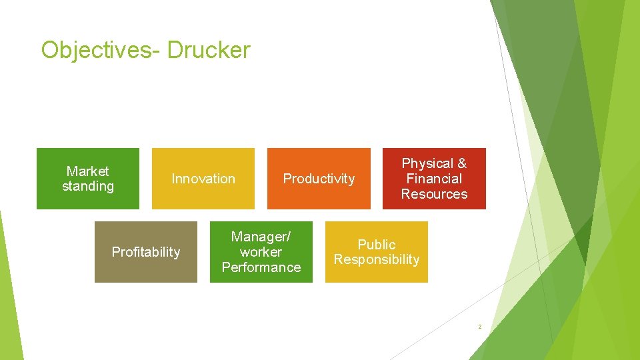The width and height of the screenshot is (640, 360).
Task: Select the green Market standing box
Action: [x=87, y=179]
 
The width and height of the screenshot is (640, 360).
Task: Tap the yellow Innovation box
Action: [x=203, y=179]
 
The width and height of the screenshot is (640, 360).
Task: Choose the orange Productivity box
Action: [x=319, y=179]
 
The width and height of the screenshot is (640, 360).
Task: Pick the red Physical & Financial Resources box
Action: [x=434, y=179]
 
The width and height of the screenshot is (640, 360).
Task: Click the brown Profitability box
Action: [x=145, y=252]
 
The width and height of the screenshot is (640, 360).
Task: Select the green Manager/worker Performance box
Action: [x=261, y=252]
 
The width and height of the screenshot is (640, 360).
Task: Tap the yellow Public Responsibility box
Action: [x=377, y=252]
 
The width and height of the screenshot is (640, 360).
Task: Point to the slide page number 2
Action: [x=479, y=327]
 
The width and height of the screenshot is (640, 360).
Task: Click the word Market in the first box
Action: [x=87, y=171]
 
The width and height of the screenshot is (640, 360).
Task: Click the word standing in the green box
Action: [x=87, y=187]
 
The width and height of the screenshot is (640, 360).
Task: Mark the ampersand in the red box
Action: [x=461, y=163]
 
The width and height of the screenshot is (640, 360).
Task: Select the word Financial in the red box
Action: [x=434, y=179]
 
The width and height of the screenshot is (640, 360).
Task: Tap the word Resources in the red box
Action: [x=434, y=194]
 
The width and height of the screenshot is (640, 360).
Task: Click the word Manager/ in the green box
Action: [x=261, y=237]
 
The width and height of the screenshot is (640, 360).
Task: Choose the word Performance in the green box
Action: [x=261, y=267]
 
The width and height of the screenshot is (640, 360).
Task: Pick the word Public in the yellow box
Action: [x=377, y=245]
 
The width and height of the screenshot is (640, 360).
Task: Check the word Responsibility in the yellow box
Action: [x=377, y=260]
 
